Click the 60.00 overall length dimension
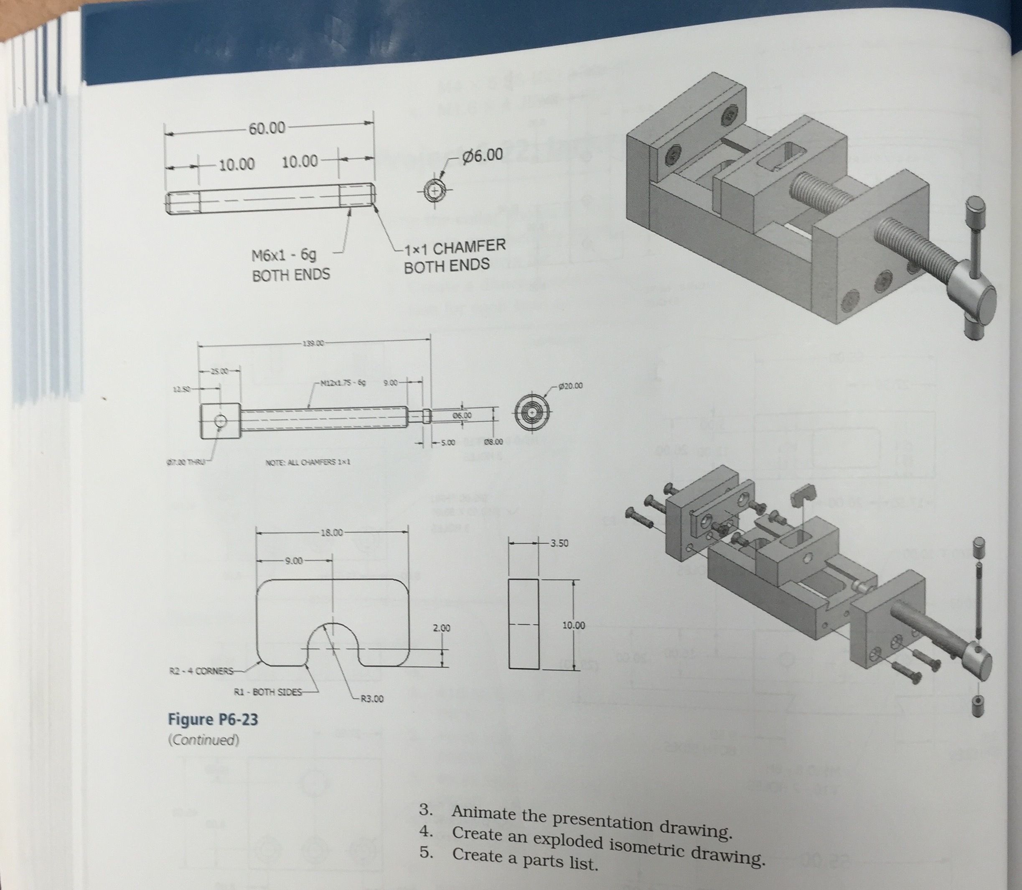(267, 129)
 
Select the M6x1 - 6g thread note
(284, 256)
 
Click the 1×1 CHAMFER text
(455, 247)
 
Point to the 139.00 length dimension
(312, 343)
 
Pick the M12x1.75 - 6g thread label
(343, 383)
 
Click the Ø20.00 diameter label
(570, 385)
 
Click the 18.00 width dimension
(332, 533)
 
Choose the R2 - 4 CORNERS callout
(201, 671)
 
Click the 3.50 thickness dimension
(559, 543)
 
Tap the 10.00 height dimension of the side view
(573, 625)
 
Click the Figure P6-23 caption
(213, 719)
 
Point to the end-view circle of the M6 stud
(435, 191)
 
